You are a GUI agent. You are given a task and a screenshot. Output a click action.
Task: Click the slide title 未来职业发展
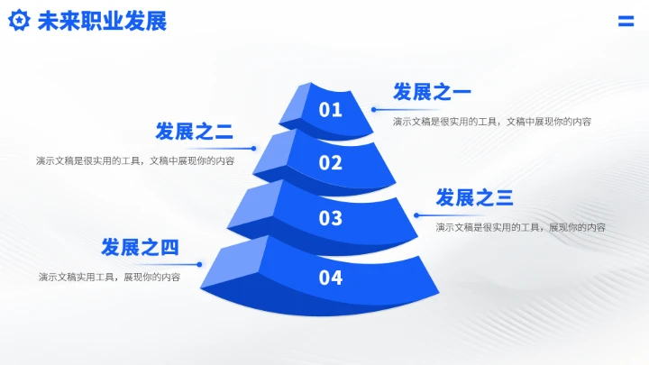click(102, 22)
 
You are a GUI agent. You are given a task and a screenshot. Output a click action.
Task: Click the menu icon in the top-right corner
click(626, 22)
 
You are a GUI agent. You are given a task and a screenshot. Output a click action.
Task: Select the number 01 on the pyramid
click(331, 110)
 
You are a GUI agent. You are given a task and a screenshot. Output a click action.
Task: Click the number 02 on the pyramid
click(331, 163)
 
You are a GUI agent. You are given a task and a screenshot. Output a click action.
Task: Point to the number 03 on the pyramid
click(331, 218)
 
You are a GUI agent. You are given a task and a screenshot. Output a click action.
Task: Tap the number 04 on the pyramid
click(331, 278)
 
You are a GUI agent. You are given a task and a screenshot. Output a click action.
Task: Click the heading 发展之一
click(432, 92)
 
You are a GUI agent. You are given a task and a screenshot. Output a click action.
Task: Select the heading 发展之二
click(194, 132)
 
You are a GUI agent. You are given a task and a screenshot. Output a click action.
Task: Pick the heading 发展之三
click(474, 198)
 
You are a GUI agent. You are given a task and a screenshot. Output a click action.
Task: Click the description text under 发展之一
click(491, 121)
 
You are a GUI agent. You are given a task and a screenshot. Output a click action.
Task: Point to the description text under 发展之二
click(135, 161)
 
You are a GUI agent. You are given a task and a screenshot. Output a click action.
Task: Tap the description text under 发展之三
click(520, 227)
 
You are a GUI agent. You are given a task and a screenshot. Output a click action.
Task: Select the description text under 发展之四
click(109, 277)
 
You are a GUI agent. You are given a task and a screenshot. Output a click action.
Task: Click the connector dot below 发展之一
click(374, 109)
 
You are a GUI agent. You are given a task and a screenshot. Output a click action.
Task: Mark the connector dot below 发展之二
click(254, 149)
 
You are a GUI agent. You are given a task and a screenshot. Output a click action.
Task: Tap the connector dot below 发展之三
click(416, 214)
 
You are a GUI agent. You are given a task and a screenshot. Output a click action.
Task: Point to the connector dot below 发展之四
click(199, 264)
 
